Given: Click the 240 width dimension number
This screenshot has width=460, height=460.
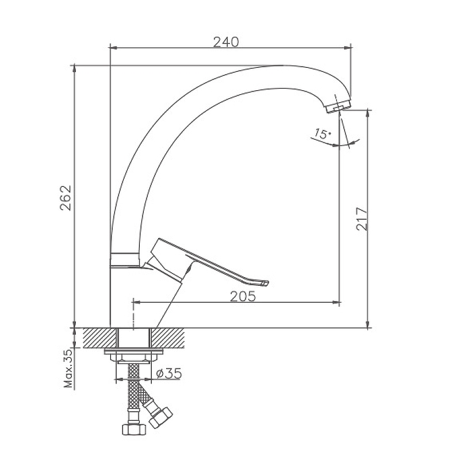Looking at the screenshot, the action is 226,42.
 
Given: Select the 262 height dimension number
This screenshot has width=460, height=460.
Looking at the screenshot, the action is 66,198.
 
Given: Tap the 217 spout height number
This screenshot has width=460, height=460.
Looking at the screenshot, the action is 362,219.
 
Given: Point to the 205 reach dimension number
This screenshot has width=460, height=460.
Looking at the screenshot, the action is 243,297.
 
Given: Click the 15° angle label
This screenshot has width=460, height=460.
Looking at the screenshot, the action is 322,134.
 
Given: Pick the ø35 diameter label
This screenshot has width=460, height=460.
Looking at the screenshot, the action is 169,373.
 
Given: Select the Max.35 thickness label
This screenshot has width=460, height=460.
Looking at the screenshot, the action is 68,369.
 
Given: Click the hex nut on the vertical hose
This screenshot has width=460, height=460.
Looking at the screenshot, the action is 134,429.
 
